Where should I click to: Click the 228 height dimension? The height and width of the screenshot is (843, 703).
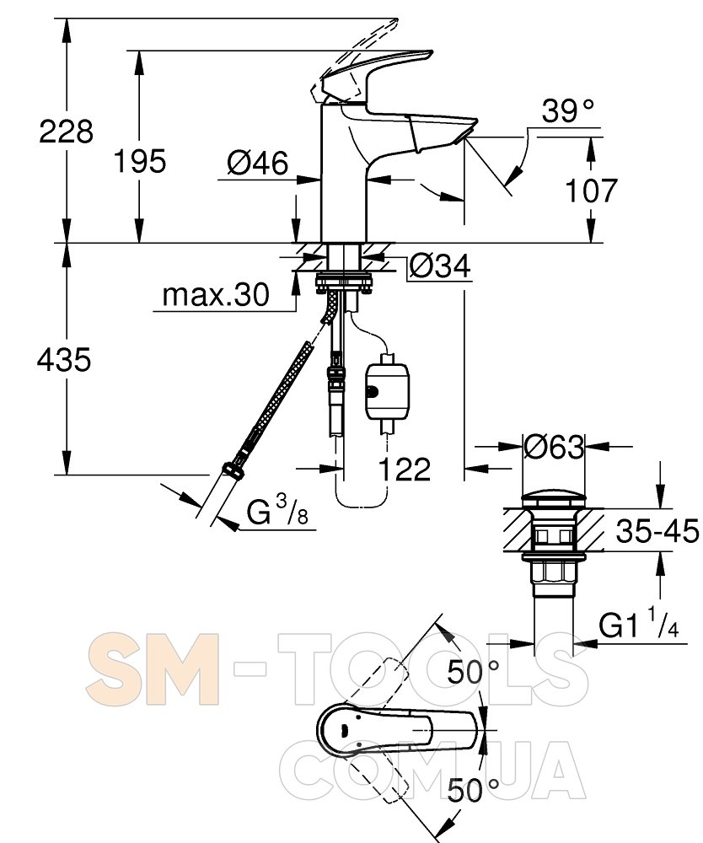66,132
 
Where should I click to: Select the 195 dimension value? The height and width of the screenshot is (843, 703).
140,161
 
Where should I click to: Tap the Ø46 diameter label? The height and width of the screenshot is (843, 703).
257,163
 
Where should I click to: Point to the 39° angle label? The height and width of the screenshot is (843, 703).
567,111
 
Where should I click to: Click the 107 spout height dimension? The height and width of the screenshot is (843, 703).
591,191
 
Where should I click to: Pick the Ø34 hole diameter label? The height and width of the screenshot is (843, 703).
440,265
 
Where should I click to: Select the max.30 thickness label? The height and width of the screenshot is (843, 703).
216,295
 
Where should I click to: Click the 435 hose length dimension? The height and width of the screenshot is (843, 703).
64,360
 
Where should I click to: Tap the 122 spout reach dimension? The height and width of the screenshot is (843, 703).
405,470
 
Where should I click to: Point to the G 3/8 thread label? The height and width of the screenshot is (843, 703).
278,512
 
